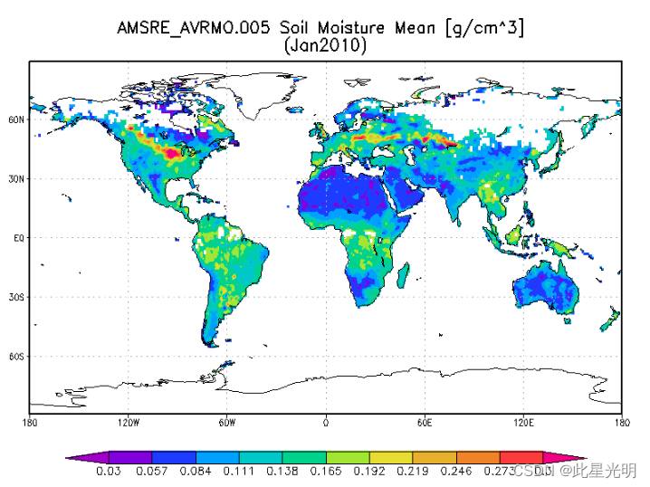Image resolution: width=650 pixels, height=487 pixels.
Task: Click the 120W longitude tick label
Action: tap(129, 422)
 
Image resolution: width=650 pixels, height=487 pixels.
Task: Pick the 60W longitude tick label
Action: tap(227, 422)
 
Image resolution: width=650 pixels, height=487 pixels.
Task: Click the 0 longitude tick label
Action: tap(326, 422)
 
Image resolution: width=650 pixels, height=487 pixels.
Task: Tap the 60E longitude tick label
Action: tap(425, 422)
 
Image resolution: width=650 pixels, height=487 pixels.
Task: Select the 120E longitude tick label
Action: tap(523, 422)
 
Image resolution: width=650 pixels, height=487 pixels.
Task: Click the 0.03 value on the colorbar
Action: tap(109, 471)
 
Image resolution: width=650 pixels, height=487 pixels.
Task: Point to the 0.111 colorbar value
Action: tap(239, 471)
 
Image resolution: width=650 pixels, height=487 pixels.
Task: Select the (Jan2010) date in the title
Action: tap(325, 45)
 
